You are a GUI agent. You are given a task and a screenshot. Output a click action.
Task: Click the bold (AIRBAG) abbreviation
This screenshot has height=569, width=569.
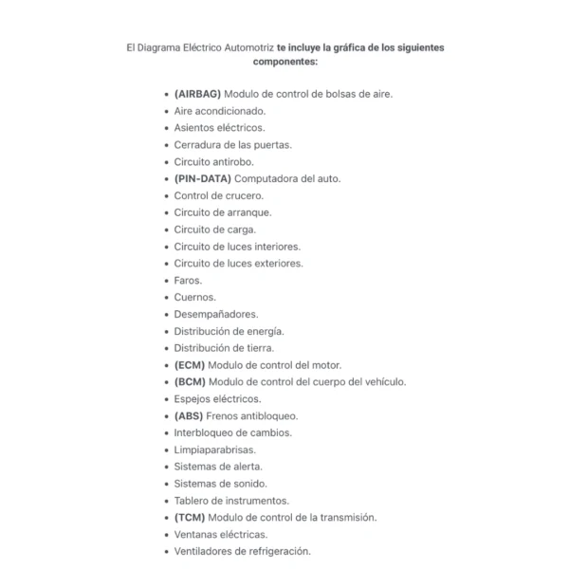[197, 94]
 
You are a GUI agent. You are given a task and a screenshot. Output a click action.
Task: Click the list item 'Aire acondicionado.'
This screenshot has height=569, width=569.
[219, 111]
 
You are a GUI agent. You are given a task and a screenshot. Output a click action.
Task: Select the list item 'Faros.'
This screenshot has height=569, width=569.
[188, 281]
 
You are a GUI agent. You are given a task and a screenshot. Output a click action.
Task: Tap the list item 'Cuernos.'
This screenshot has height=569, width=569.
[194, 297]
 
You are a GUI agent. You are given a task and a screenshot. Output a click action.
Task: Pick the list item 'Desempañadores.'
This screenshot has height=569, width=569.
[215, 314]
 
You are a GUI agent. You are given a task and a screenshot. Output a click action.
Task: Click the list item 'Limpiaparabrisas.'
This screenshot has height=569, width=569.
[214, 450]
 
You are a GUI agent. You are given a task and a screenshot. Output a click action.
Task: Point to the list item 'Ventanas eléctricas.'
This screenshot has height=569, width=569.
[220, 535]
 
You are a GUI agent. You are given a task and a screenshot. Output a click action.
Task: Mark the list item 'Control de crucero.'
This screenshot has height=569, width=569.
[218, 195]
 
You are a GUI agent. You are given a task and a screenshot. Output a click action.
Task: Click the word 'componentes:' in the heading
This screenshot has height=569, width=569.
[284, 62]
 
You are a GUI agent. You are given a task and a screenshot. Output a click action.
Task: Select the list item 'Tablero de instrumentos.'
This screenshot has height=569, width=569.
[231, 501]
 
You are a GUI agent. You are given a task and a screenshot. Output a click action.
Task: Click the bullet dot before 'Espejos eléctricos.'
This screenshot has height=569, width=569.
[166, 399]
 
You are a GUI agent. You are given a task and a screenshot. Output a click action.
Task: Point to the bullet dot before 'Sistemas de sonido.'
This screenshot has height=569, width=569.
[166, 484]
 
